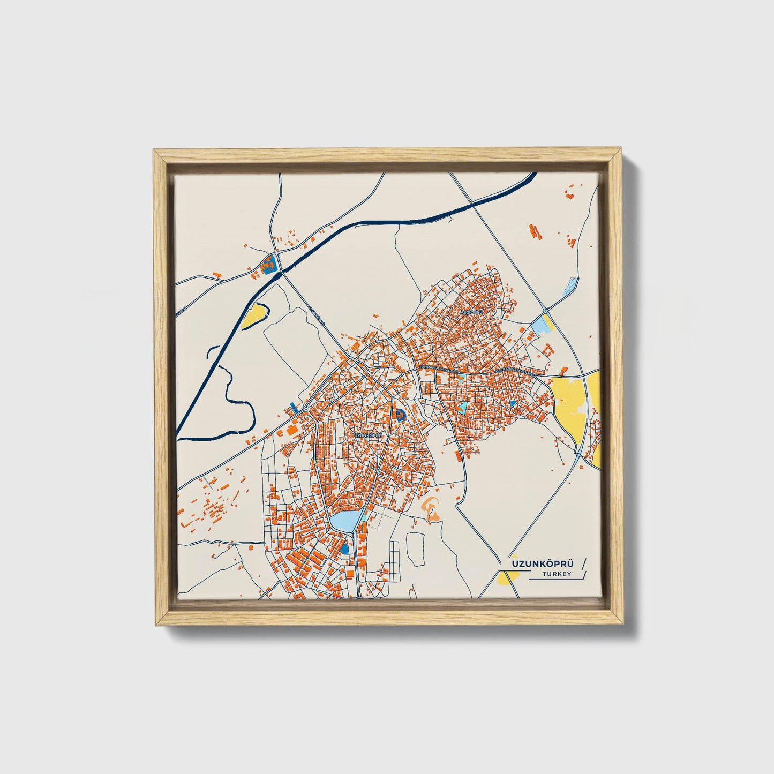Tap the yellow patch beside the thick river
(x=253, y=316)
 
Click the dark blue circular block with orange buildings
(x=401, y=413)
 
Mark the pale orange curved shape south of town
(x=432, y=507)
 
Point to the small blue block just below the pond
(x=344, y=549)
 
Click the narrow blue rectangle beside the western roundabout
(x=292, y=407)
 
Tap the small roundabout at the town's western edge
(x=305, y=409)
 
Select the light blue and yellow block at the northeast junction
(x=543, y=325)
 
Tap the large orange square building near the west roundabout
(x=292, y=430)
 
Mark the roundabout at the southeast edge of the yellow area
(x=578, y=455)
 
